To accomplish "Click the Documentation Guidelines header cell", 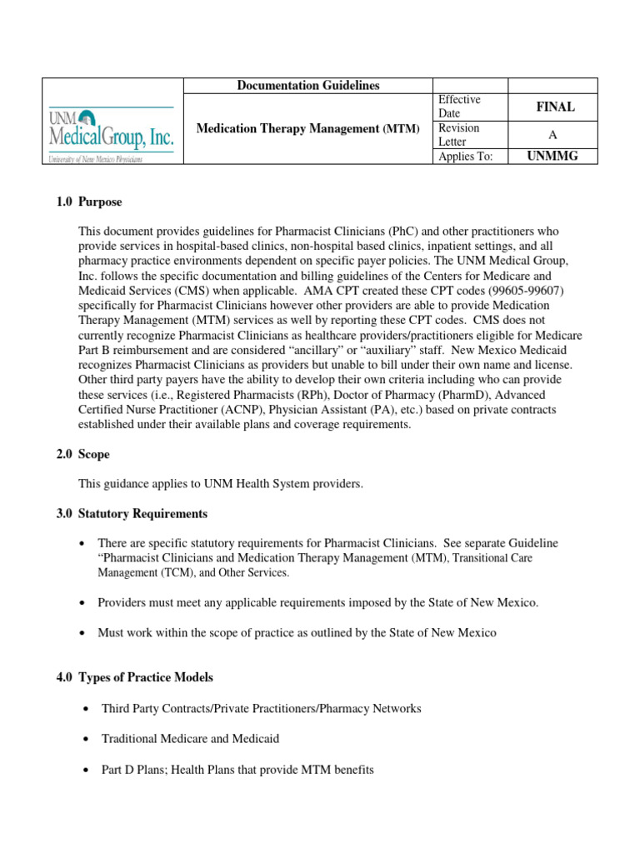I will pyautogui.click(x=308, y=86).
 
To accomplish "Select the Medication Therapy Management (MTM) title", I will pyautogui.click(x=308, y=128).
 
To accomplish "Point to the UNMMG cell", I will pyautogui.click(x=553, y=157).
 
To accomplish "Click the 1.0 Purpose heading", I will pyautogui.click(x=88, y=202).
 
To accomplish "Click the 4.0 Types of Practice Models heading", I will pyautogui.click(x=133, y=678).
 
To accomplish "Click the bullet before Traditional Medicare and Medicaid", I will pyautogui.click(x=87, y=739).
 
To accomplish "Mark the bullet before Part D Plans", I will pyautogui.click(x=87, y=771).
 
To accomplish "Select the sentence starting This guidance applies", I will pyautogui.click(x=221, y=484).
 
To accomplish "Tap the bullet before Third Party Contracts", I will pyautogui.click(x=87, y=709).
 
